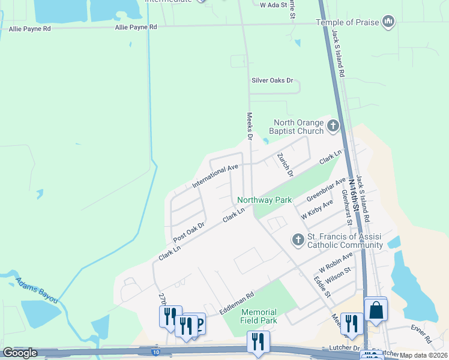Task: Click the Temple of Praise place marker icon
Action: [x=388, y=22]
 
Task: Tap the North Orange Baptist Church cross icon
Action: [x=333, y=127]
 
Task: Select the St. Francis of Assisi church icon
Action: [x=298, y=240]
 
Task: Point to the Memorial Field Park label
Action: [x=259, y=316]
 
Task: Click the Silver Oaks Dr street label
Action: [x=272, y=80]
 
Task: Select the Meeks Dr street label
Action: [x=249, y=126]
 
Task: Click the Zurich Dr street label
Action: [x=285, y=164]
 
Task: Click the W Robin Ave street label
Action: [x=336, y=261]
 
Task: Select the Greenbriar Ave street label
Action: [x=326, y=189]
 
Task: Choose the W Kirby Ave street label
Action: [x=317, y=209]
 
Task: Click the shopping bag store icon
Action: [x=376, y=310]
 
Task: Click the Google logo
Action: [x=20, y=352]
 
